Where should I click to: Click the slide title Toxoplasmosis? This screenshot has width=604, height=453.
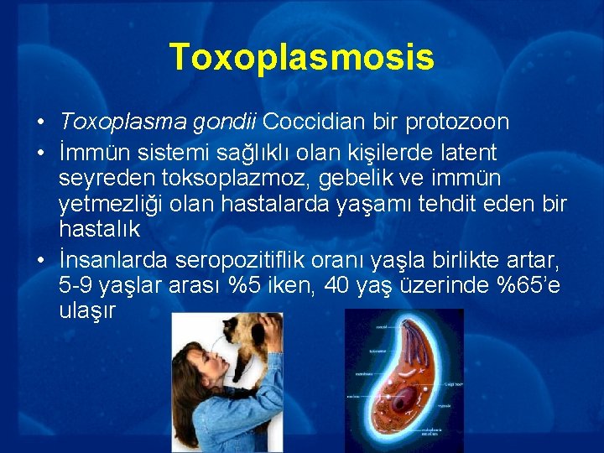[301, 57]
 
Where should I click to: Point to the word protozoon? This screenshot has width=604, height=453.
[457, 122]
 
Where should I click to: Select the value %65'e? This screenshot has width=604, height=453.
[529, 285]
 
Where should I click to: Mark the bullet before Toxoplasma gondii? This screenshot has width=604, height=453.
[40, 122]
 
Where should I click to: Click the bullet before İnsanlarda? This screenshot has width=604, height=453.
[40, 258]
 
